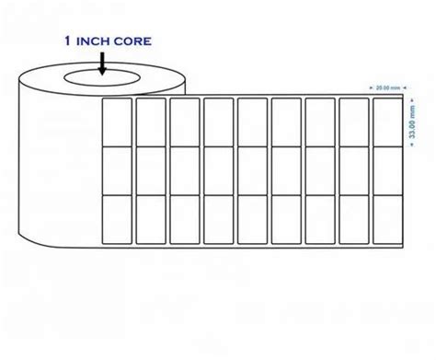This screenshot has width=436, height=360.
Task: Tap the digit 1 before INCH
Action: click(x=66, y=41)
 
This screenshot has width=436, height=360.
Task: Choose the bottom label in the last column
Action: click(x=384, y=219)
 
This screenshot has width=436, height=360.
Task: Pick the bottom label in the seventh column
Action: click(x=318, y=219)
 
